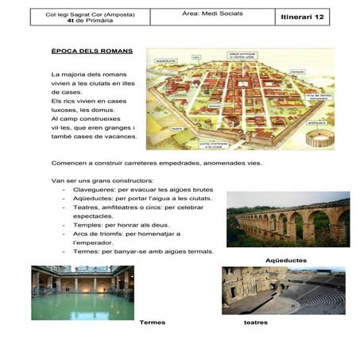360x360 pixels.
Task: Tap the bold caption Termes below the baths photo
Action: click(x=152, y=322)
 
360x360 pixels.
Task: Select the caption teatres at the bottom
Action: click(x=255, y=322)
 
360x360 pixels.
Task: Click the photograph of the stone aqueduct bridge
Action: click(x=287, y=220)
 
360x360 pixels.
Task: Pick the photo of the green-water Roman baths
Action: click(x=83, y=292)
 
